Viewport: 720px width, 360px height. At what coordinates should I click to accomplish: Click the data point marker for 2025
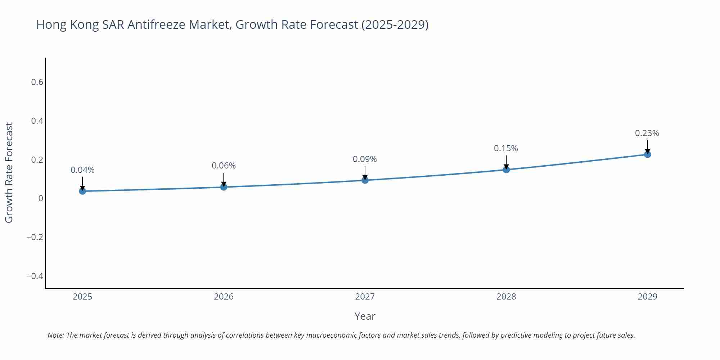(x=82, y=191)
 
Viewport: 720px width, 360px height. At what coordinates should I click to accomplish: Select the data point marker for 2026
(x=224, y=187)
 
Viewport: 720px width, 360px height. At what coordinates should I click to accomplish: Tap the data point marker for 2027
(x=365, y=180)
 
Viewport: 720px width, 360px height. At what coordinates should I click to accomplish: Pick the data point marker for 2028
(x=506, y=170)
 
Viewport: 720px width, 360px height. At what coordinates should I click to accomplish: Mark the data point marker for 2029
(x=647, y=154)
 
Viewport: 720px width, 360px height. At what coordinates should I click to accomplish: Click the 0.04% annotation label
(x=82, y=170)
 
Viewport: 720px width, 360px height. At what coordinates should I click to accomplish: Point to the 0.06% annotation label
(x=224, y=166)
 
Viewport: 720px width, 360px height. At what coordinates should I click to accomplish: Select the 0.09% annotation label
(x=365, y=159)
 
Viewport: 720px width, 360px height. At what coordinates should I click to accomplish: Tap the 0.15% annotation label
(x=506, y=148)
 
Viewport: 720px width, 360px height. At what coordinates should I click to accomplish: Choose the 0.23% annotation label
(x=647, y=133)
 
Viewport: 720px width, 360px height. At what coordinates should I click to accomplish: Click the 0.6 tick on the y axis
(x=37, y=82)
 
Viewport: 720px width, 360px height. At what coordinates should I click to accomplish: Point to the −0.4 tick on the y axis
(x=35, y=276)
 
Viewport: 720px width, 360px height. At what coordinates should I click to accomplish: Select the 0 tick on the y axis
(x=41, y=198)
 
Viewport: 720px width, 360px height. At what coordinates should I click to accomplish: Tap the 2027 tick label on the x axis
(x=365, y=297)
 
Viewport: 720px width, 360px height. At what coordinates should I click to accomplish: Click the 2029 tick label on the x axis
(x=647, y=297)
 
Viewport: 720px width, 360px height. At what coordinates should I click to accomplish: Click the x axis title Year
(x=365, y=316)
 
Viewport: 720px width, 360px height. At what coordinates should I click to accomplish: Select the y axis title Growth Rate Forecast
(x=9, y=172)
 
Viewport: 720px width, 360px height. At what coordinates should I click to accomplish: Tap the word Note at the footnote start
(x=55, y=335)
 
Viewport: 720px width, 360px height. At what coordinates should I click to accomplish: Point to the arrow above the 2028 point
(x=506, y=162)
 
